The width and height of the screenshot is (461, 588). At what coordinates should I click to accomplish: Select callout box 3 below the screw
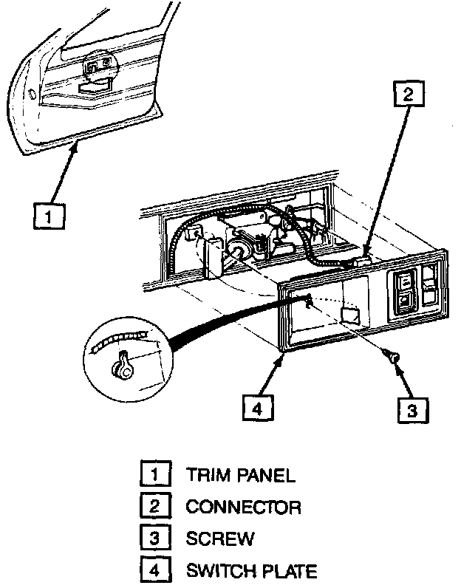coord(412,408)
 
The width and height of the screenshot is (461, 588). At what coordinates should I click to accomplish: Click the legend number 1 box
coord(154,474)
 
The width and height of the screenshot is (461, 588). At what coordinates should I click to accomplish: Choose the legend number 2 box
coord(154,507)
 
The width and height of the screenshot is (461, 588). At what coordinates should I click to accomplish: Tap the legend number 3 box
coord(154,539)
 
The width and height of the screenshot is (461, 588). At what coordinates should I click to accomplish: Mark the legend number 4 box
coord(154,570)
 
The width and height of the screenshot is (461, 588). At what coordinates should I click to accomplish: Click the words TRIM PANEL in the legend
coord(240,475)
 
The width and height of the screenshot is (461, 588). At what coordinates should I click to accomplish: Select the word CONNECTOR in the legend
coord(243,507)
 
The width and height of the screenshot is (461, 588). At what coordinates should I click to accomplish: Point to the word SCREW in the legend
coord(219,539)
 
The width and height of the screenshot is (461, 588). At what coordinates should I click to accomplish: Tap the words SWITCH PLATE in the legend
coord(251,571)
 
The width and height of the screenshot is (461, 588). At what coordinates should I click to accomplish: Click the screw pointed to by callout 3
coord(393,358)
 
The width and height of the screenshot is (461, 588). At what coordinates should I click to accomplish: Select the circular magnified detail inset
coord(126,356)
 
